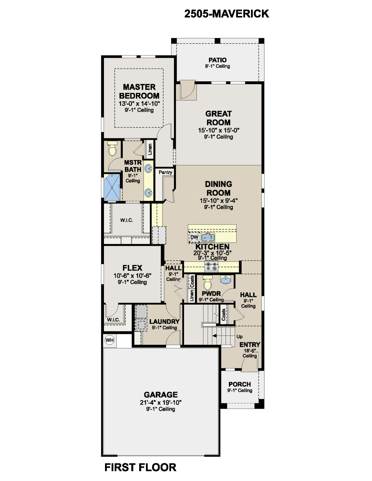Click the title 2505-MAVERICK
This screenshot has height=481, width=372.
tap(227, 14)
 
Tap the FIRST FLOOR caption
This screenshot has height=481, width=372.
tap(140, 467)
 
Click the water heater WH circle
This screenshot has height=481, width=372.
tap(110, 340)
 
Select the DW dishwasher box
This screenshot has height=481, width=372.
tap(194, 237)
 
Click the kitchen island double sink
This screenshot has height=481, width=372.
tap(208, 237)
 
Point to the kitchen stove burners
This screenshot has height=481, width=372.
tap(211, 266)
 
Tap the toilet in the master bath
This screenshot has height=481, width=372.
tap(113, 148)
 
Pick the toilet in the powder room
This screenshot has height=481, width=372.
tap(207, 283)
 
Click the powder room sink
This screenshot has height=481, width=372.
tap(226, 280)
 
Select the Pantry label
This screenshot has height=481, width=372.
tap(165, 172)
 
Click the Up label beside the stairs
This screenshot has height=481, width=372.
tap(239, 337)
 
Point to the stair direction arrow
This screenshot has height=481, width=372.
tap(224, 336)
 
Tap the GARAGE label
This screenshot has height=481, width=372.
tap(161, 395)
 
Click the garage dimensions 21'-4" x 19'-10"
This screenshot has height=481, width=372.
tap(161, 402)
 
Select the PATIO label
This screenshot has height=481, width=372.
tap(218, 60)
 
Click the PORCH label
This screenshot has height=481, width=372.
tap(240, 384)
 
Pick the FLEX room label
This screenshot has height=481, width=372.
tap(132, 268)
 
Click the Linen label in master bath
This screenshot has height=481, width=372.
tap(150, 149)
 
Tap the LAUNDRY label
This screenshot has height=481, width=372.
tap(164, 321)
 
